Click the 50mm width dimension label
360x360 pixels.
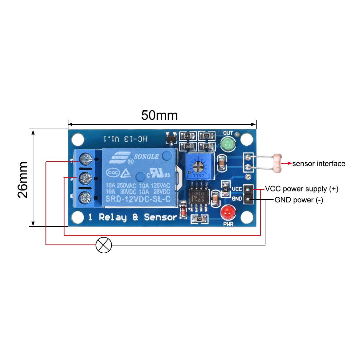tap(159, 115)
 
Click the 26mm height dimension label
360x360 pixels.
tap(23, 180)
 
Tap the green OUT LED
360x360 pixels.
tap(228, 143)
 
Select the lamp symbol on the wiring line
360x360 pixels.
tap(104, 245)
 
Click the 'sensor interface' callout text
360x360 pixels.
tap(318, 164)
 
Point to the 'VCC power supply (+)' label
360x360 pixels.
tap(301, 189)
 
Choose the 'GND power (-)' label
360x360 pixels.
tap(298, 200)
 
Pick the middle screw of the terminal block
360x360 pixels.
tap(85, 179)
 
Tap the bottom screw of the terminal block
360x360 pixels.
tap(85, 198)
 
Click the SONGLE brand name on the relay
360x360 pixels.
tap(146, 157)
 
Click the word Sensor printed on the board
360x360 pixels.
tap(160, 217)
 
